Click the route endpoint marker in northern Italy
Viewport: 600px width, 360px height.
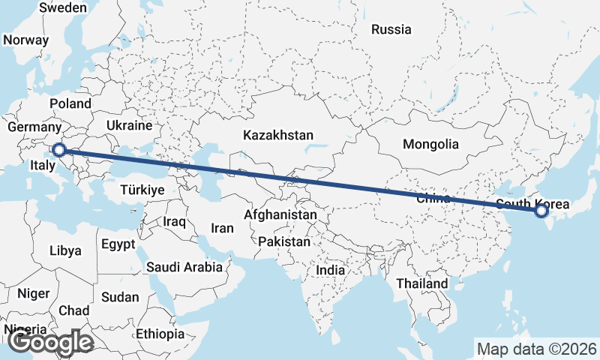[x=58, y=150]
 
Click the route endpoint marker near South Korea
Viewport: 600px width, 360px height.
[x=541, y=212]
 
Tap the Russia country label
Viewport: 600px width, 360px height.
[x=391, y=30]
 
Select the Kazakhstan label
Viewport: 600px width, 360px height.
[x=277, y=136]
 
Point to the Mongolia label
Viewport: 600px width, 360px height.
[x=430, y=144]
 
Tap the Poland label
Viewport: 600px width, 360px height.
[x=70, y=103]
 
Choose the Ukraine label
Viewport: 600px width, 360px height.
[x=129, y=125]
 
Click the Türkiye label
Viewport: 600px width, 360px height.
[x=142, y=190]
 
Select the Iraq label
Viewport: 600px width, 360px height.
[x=174, y=222]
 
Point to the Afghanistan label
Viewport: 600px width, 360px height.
[x=280, y=215]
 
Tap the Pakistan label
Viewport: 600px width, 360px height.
[x=283, y=242]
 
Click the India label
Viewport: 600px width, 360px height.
[x=331, y=270]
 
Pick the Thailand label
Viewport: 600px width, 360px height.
[x=422, y=283]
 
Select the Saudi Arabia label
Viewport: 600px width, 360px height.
[x=184, y=266]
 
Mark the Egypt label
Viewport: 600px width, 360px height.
[x=118, y=244]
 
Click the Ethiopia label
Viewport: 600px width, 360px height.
[x=160, y=333]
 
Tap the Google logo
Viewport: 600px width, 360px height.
[x=50, y=343]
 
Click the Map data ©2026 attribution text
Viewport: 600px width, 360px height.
[x=536, y=349]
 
